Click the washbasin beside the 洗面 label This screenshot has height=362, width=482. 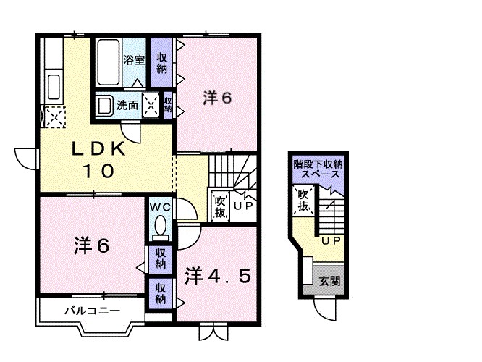pos(106,104)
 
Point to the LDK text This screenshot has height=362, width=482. pos(99,150)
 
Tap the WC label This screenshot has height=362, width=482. pos(159,206)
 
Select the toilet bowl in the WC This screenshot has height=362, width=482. pos(160,225)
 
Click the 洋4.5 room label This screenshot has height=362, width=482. pos(218,277)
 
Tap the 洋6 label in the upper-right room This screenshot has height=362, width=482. pos(217,98)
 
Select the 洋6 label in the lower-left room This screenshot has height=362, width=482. pos(92,246)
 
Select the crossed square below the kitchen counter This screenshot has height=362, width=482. pos(53,117)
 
